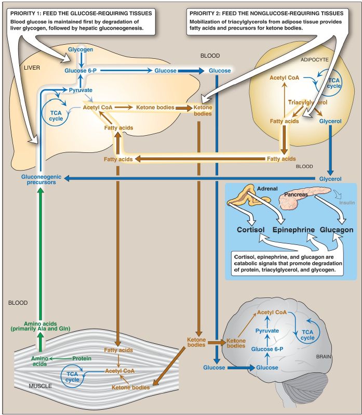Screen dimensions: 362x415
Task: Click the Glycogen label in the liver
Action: tap(81, 49)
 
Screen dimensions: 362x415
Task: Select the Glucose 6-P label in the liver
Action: tap(81, 71)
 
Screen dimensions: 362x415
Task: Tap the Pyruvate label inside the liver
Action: tap(81, 90)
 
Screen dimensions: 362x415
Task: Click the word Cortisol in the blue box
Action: tap(250, 229)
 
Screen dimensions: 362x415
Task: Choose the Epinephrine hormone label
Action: tap(293, 229)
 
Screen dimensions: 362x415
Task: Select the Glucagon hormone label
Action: tap(337, 230)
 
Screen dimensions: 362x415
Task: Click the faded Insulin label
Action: tap(347, 203)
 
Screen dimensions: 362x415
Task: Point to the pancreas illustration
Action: tap(304, 197)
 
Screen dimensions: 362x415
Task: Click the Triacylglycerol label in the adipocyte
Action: tap(307, 102)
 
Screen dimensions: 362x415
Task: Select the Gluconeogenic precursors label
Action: tap(41, 179)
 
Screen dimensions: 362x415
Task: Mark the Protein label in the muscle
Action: tap(82, 358)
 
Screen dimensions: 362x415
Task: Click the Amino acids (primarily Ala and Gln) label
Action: tap(40, 326)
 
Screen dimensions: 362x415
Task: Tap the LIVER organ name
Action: tap(32, 68)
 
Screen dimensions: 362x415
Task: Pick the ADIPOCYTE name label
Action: tap(314, 60)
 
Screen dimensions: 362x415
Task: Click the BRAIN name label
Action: tap(324, 357)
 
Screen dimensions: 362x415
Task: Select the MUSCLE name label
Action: tap(40, 386)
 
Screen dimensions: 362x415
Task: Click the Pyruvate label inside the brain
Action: tap(267, 331)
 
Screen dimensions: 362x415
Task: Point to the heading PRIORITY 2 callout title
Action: tap(266, 13)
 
